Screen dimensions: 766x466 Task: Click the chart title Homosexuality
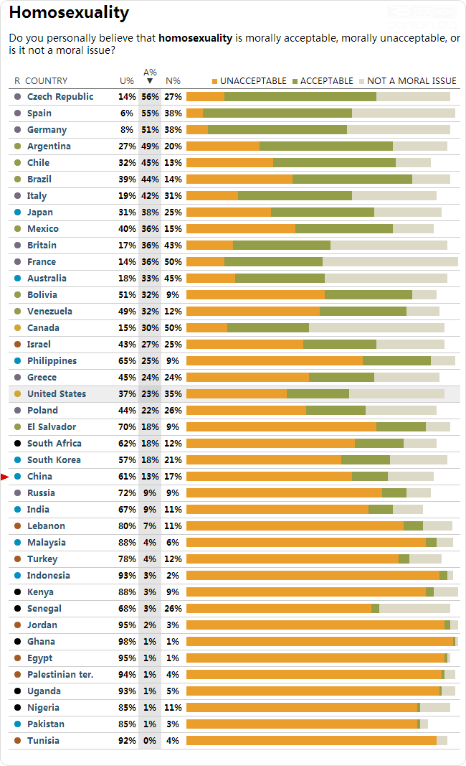(x=69, y=12)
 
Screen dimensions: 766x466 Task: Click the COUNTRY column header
(x=46, y=81)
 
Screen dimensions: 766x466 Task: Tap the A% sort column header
(x=149, y=77)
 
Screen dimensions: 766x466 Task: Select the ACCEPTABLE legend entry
(x=321, y=81)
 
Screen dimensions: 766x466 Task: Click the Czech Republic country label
(x=60, y=97)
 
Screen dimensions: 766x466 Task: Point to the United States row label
(x=56, y=394)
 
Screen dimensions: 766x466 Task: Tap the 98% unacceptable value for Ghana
(x=127, y=642)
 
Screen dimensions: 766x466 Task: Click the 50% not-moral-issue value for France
(x=173, y=262)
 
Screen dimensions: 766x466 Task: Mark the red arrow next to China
(x=5, y=477)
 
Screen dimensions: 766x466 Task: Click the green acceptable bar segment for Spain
(x=277, y=113)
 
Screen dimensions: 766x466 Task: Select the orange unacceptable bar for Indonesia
(x=313, y=576)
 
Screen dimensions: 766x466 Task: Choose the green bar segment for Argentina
(x=325, y=146)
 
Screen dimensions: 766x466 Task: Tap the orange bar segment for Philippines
(x=274, y=361)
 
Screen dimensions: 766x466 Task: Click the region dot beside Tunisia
(x=17, y=741)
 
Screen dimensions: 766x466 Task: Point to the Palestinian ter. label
(x=60, y=675)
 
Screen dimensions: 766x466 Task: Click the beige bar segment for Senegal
(x=414, y=609)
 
